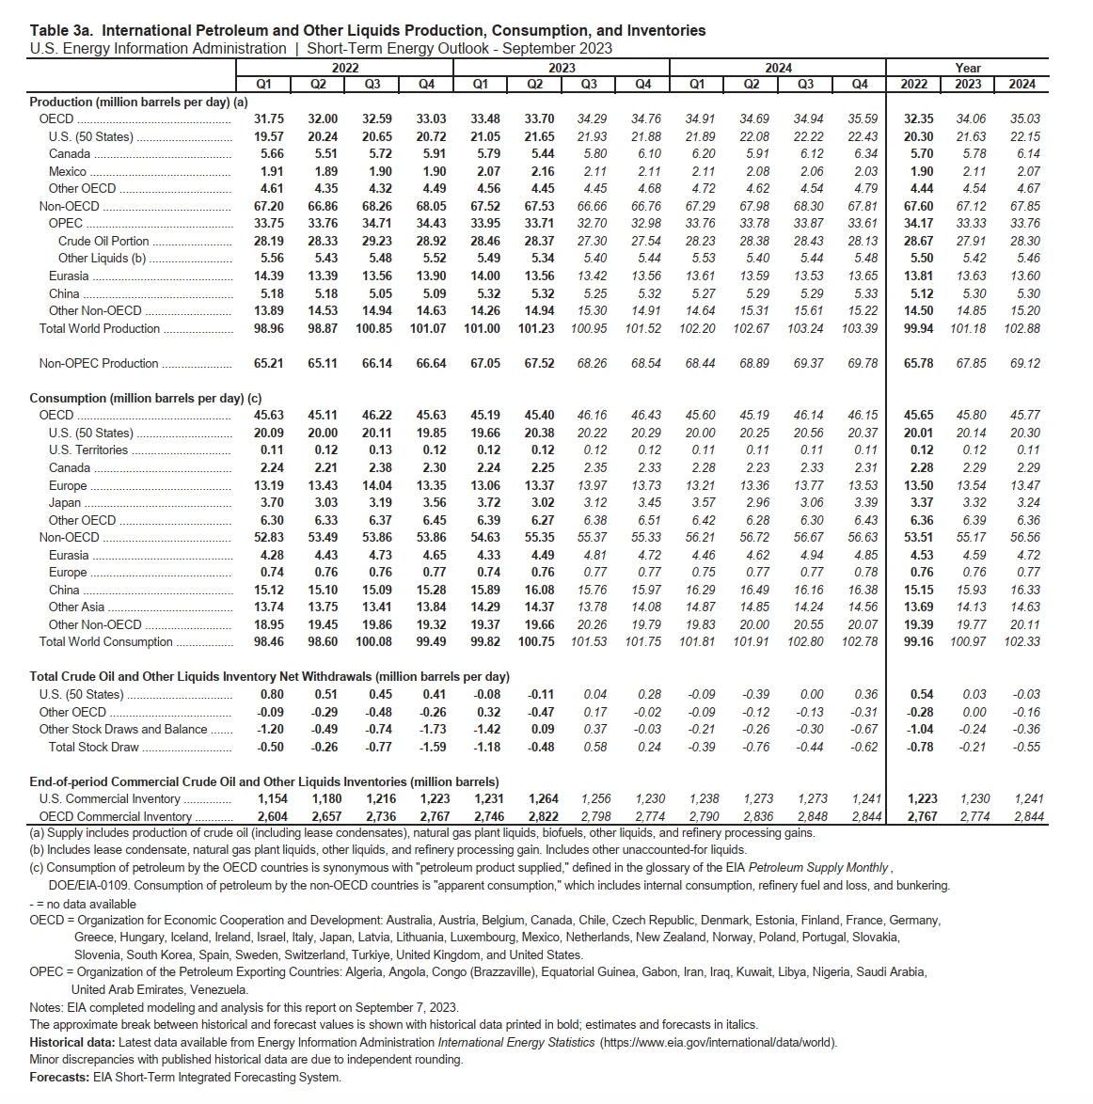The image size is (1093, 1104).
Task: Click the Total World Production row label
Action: pos(100,328)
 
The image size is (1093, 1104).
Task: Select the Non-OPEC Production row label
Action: pos(99,363)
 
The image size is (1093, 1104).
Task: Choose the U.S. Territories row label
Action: pos(88,449)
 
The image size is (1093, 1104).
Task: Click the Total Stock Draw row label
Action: pos(93,747)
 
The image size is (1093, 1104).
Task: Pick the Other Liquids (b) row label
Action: pos(102,258)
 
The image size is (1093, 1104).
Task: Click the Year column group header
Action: pos(968,68)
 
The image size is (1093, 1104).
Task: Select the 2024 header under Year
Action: pos(1022,84)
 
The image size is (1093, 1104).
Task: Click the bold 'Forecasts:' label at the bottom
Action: pos(60,1078)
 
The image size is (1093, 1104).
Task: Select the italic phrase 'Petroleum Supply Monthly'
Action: pos(818,867)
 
